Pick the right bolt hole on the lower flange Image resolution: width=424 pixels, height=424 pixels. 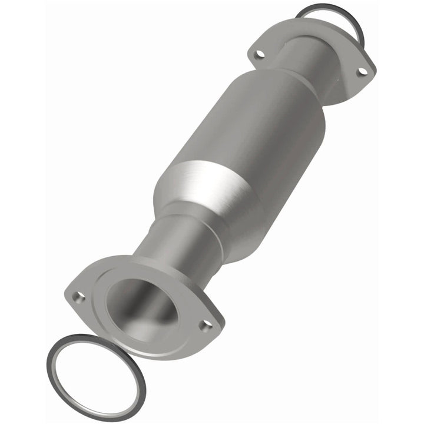[206, 325]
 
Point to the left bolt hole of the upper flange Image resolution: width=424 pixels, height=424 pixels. [259, 55]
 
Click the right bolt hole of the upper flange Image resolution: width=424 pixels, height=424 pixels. [362, 71]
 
